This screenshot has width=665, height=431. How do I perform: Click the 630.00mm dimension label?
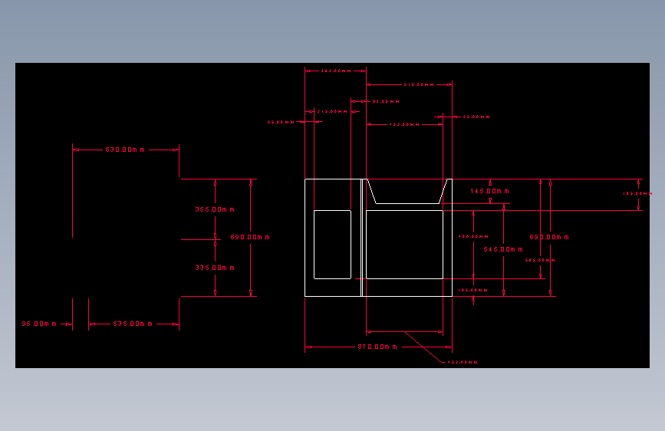125,150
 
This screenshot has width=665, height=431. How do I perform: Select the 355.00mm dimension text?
215,209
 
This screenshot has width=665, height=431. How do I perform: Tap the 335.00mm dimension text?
215,268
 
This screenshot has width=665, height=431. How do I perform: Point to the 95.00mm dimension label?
39,324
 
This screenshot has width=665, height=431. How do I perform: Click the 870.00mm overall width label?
378,347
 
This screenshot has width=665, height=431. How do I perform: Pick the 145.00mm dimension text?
490,191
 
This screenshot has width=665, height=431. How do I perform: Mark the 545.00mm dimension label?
503,249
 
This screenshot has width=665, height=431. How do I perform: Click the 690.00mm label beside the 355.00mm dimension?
250,237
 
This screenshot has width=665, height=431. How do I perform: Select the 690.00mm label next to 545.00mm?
549,237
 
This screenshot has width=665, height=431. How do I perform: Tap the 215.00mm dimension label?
332,111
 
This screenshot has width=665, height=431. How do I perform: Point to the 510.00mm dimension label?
419,84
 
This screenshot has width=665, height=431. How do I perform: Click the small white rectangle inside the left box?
332,244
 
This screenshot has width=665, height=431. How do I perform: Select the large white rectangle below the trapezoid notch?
404,244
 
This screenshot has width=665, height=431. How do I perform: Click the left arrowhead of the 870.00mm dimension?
308,347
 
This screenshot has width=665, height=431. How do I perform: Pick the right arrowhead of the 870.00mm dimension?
449,347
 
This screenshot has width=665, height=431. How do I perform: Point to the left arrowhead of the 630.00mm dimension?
75,150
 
